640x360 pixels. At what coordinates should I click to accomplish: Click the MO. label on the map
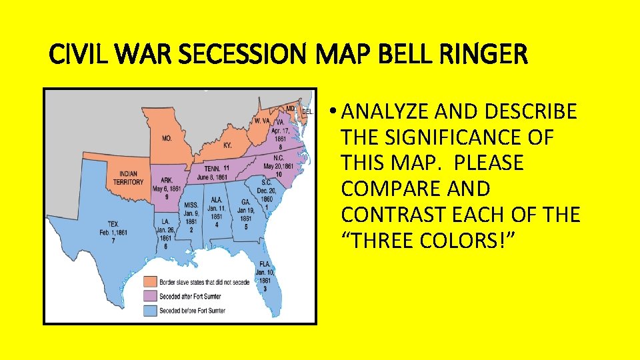pos(167,139)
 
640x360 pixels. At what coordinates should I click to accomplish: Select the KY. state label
pos(227,144)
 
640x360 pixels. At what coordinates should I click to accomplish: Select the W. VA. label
pos(261,121)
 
